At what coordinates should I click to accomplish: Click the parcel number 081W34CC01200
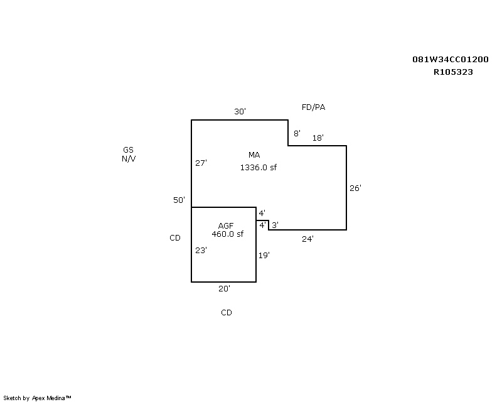450,60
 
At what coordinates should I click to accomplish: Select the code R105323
453,72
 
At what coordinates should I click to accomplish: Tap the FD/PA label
313,107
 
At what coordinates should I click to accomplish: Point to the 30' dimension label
240,112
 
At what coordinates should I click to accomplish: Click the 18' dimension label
318,138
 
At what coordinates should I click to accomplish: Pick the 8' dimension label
297,133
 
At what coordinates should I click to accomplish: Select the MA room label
254,155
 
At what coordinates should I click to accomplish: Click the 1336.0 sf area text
258,168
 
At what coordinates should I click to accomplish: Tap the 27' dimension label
201,163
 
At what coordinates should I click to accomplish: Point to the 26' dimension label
355,188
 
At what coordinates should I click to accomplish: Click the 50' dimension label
179,200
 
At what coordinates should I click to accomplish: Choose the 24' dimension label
307,239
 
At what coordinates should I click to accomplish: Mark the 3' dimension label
275,225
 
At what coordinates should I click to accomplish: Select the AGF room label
226,226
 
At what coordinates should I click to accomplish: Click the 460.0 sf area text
227,234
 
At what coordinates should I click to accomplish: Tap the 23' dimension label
201,250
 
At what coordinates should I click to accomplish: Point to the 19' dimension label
264,255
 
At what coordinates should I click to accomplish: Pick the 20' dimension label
224,289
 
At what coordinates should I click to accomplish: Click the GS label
128,150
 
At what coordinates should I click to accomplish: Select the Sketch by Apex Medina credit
38,398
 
